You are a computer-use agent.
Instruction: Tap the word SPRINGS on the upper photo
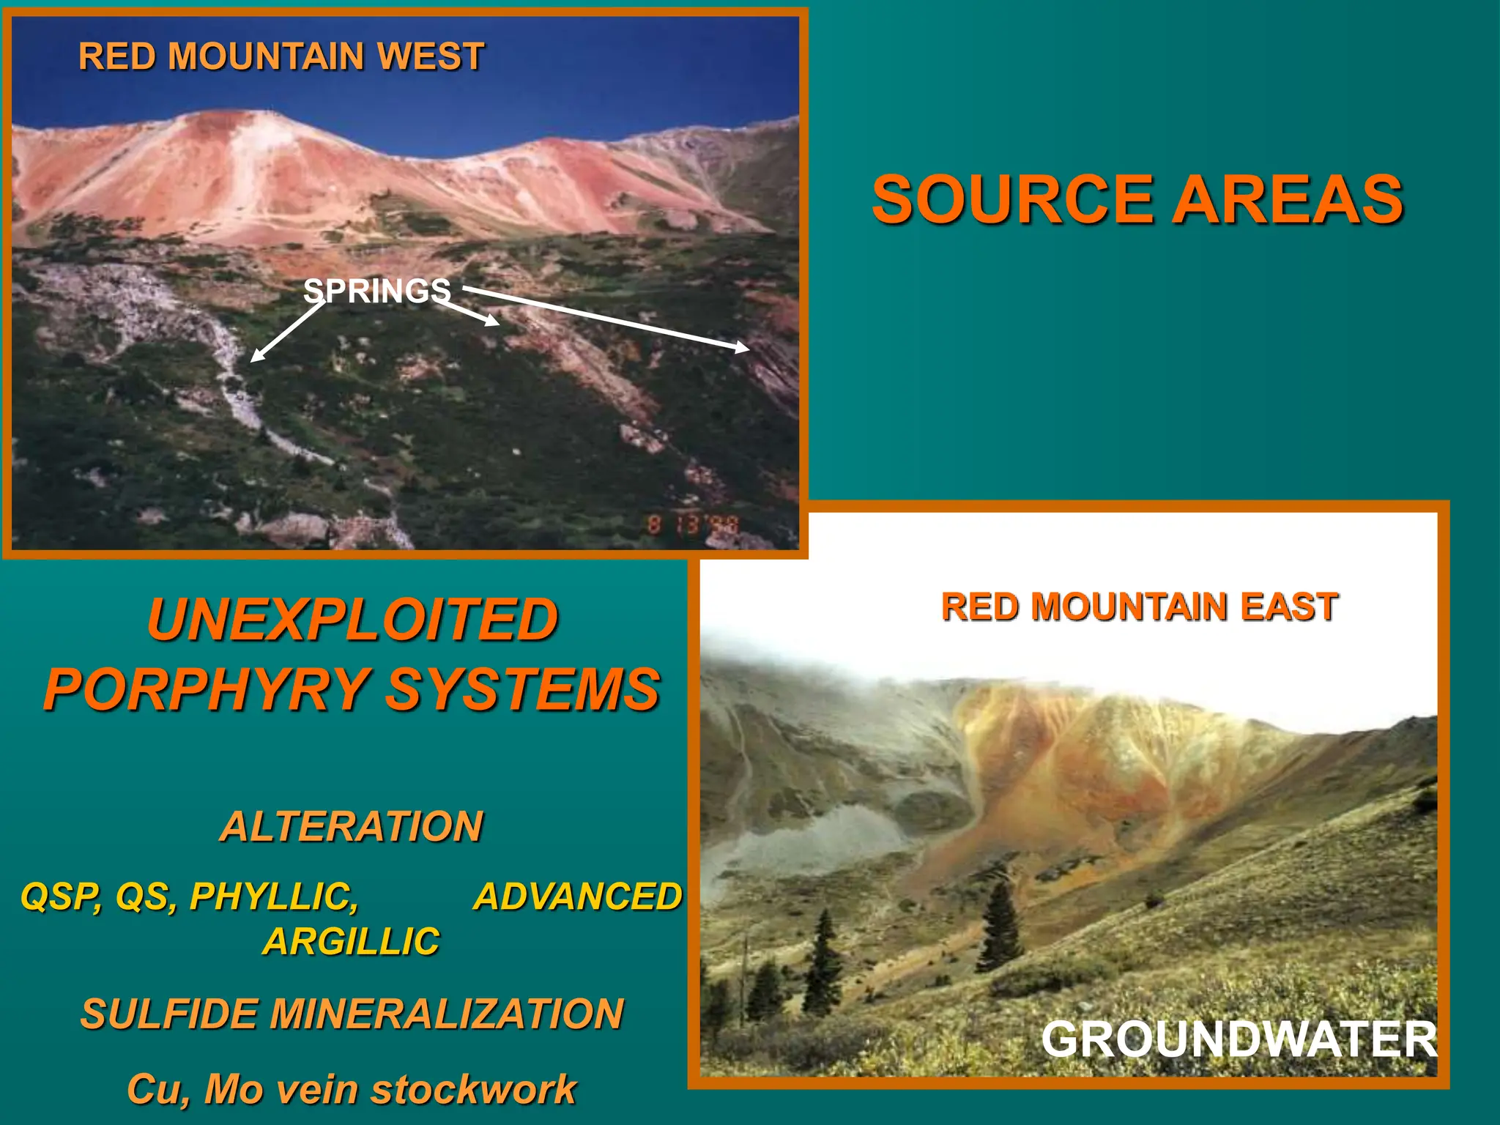pos(377,292)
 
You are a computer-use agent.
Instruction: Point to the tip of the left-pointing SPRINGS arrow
pos(252,360)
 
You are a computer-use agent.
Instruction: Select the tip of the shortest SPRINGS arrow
pos(499,323)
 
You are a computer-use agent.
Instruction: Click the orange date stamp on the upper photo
pos(693,524)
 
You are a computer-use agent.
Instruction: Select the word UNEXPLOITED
pos(352,620)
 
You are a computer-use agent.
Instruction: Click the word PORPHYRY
pos(207,689)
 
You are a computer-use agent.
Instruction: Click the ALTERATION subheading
pos(352,826)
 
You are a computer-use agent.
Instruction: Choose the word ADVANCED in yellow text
pos(578,896)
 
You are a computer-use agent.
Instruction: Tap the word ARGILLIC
pos(352,941)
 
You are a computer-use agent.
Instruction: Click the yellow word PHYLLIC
pos(273,896)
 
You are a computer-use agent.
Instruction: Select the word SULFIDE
pos(168,1014)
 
